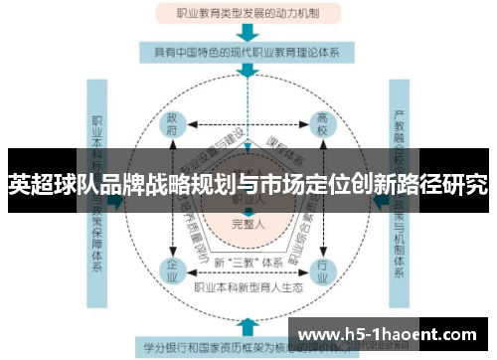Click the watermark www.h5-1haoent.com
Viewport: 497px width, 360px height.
[391, 332]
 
